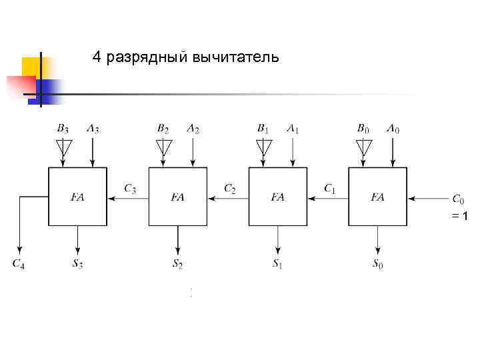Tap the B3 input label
(63, 128)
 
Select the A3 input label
(93, 128)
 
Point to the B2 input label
(163, 128)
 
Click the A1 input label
(293, 128)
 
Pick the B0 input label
(363, 128)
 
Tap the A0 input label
(393, 128)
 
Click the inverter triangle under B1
(264, 146)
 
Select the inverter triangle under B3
(63, 146)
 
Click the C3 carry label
(130, 189)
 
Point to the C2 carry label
(230, 189)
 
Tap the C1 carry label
(330, 189)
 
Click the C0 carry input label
(458, 199)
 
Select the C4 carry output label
(19, 263)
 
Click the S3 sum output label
(78, 263)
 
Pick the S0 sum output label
(377, 263)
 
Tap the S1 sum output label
(277, 263)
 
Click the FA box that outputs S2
(177, 197)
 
